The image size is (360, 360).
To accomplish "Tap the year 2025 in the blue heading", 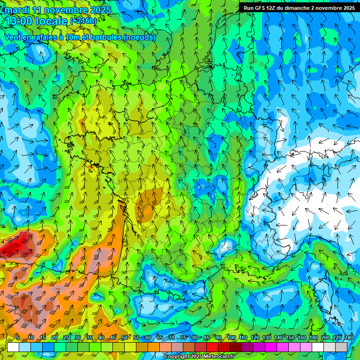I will [x=99, y=10].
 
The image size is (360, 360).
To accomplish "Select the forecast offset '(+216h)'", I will [x=83, y=21].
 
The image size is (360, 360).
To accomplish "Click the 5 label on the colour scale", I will [x=18, y=338].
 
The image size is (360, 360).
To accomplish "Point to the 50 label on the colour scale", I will [x=124, y=338].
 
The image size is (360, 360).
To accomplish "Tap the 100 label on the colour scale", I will [x=231, y=338].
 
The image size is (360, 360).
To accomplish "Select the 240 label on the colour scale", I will [x=349, y=338].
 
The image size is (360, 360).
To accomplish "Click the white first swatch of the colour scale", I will [x=13, y=347].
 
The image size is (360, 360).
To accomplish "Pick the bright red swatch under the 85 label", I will [x=212, y=347].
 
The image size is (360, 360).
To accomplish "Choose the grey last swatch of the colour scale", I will [x=342, y=347].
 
